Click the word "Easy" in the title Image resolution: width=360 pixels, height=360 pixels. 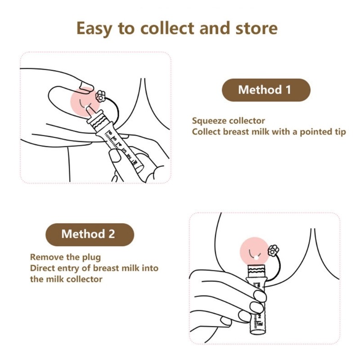point(94,29)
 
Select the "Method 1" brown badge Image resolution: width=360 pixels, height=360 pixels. point(266,90)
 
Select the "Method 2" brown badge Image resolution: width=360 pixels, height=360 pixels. point(90,234)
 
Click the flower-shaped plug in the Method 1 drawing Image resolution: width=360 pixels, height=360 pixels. point(100,96)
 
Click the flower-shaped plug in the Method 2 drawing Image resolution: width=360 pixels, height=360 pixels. point(274,251)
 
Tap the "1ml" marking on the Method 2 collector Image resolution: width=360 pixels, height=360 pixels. point(260,324)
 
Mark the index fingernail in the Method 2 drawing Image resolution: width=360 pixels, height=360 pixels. point(260,296)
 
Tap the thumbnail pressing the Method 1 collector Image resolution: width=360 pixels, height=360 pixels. point(115,156)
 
